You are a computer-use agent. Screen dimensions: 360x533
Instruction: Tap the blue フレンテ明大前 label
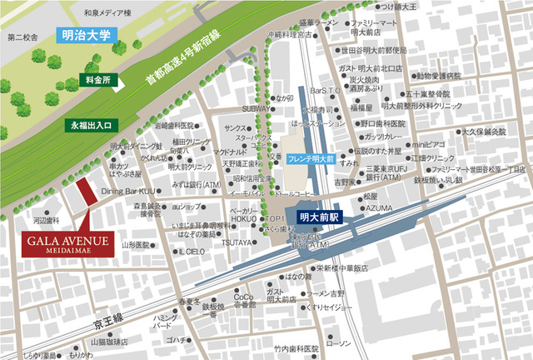click(x=311, y=157)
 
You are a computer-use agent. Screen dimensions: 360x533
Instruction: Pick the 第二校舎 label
click(x=22, y=37)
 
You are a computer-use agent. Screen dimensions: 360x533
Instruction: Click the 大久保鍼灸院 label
click(x=485, y=132)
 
